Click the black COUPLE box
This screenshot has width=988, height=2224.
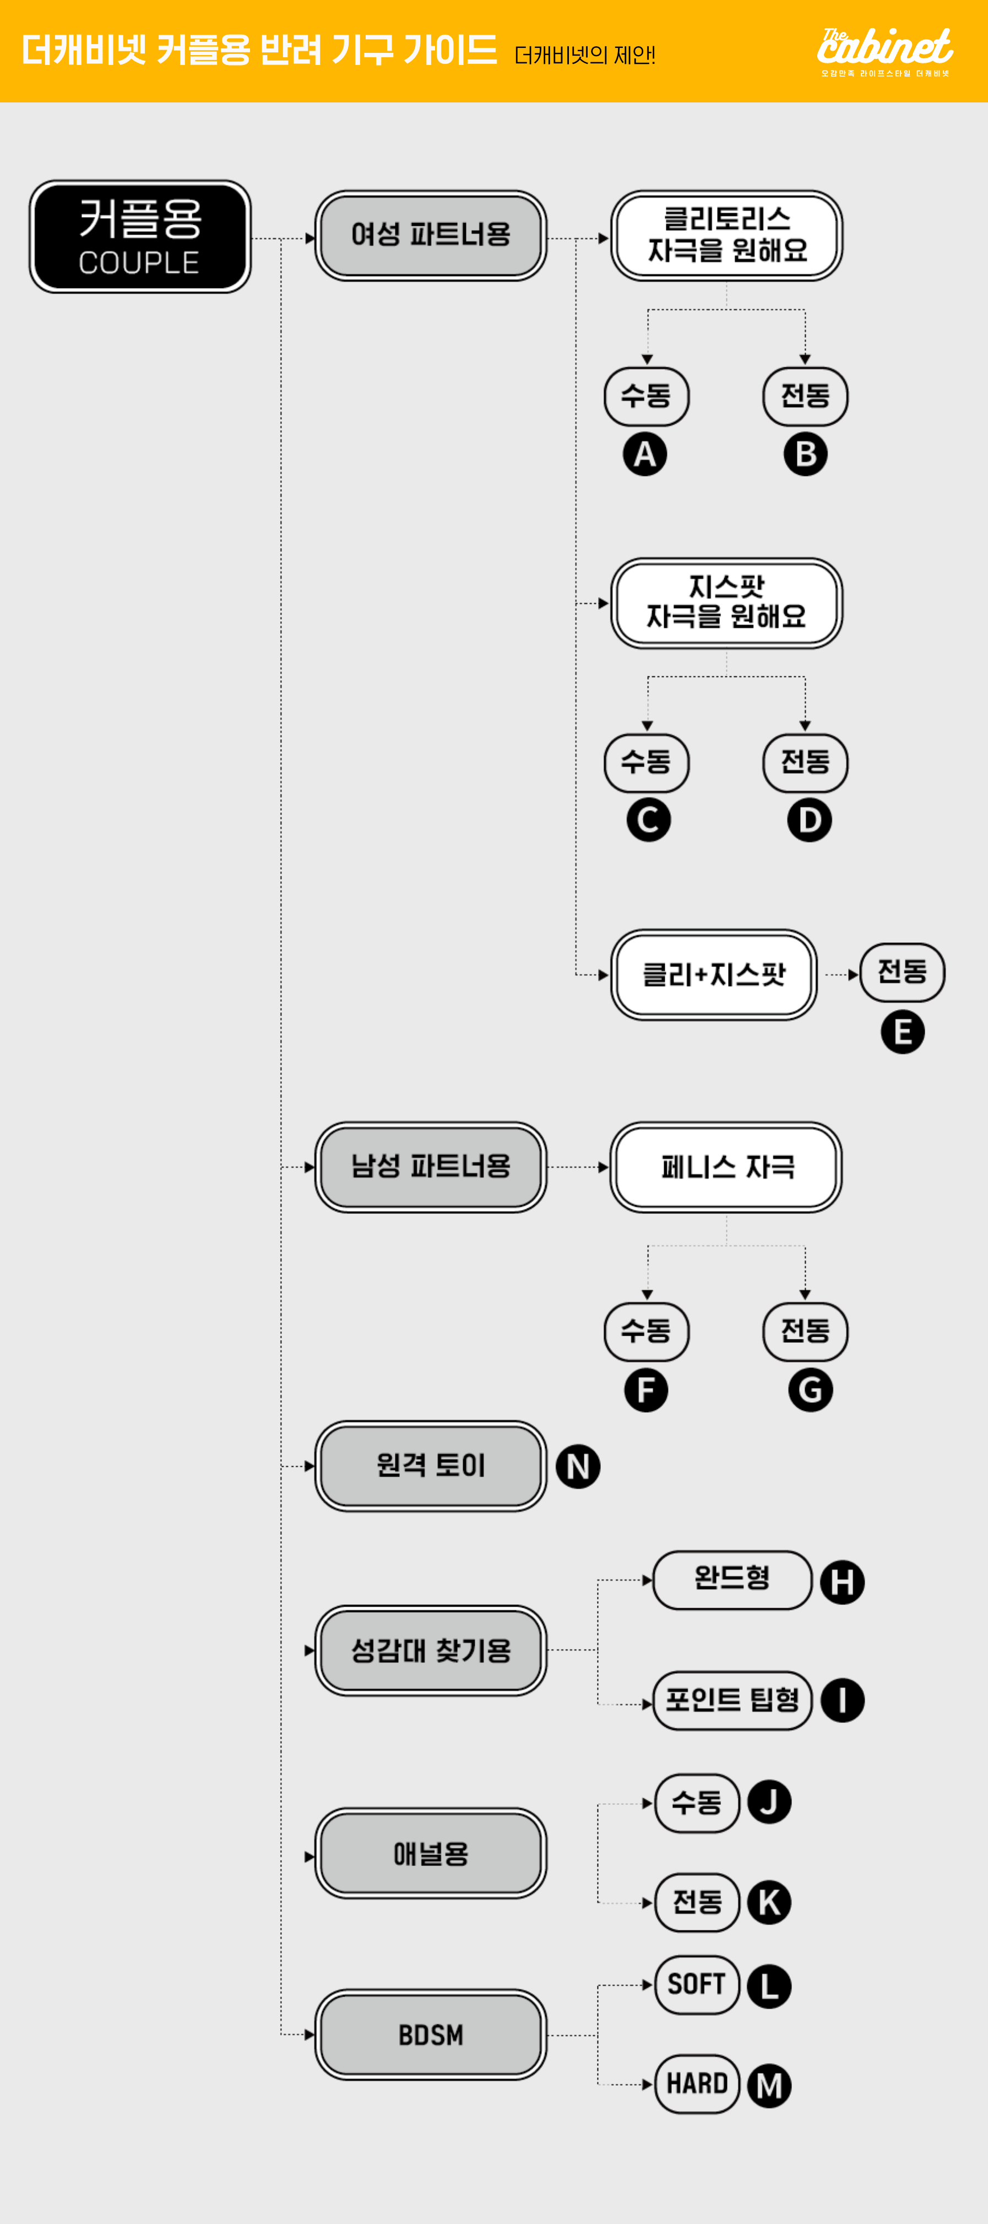(x=140, y=237)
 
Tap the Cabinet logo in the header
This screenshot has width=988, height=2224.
(x=884, y=50)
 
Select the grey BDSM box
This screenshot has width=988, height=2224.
(x=430, y=2035)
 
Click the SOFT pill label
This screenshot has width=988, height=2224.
(x=696, y=1984)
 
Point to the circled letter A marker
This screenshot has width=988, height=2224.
(x=645, y=454)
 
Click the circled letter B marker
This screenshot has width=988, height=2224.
(x=805, y=454)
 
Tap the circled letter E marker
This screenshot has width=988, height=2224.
(x=903, y=1032)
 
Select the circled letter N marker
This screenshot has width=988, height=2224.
(x=578, y=1466)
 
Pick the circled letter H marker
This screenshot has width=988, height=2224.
(x=842, y=1582)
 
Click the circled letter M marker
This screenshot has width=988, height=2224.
(x=769, y=2086)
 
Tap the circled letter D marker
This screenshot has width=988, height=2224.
(x=809, y=820)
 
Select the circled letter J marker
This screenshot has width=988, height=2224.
(x=769, y=1803)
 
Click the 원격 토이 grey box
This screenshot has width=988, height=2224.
(x=430, y=1465)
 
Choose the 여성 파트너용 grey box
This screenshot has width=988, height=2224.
(x=430, y=235)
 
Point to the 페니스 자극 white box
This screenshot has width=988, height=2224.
(x=725, y=1167)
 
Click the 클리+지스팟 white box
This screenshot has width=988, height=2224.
(x=713, y=975)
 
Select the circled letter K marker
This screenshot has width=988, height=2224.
(x=769, y=1902)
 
